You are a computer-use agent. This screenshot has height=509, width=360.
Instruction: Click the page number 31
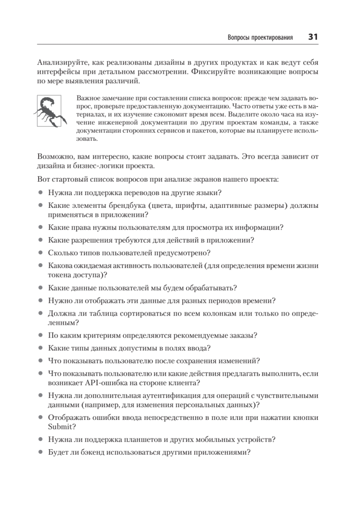[313, 37]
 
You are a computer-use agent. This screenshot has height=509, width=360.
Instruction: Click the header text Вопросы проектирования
[260, 37]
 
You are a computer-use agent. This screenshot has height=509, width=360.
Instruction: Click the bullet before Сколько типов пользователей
[40, 253]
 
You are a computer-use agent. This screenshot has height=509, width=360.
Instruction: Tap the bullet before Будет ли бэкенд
[40, 452]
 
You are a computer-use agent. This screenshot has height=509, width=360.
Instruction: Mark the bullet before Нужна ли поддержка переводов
[40, 193]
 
